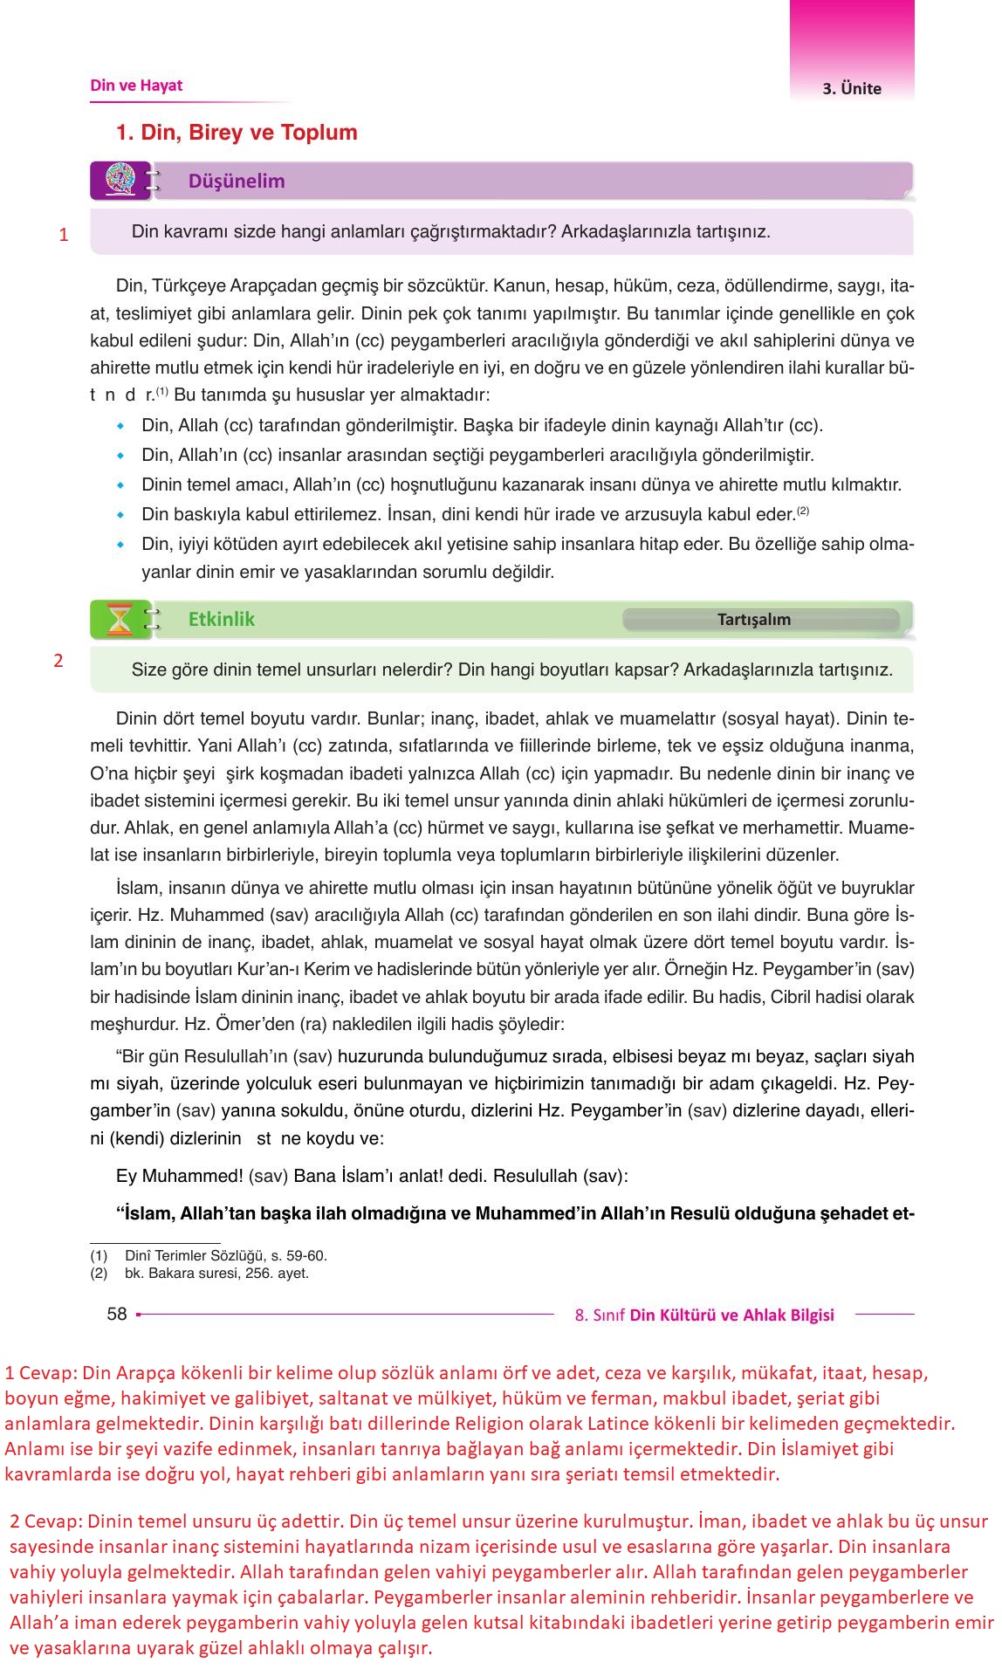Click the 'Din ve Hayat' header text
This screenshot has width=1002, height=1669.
136,86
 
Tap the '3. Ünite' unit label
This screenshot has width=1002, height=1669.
852,88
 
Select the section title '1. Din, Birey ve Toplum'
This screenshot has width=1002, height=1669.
237,133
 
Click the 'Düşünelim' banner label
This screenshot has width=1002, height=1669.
237,182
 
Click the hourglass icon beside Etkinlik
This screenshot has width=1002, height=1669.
120,620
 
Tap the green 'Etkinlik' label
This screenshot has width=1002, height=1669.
221,620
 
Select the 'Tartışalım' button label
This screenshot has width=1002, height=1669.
753,620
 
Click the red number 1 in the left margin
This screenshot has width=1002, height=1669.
63,235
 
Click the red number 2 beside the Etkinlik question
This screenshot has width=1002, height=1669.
58,661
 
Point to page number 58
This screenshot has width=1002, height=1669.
117,1314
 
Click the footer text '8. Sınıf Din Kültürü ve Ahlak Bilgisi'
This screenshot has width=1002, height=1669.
703,1315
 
